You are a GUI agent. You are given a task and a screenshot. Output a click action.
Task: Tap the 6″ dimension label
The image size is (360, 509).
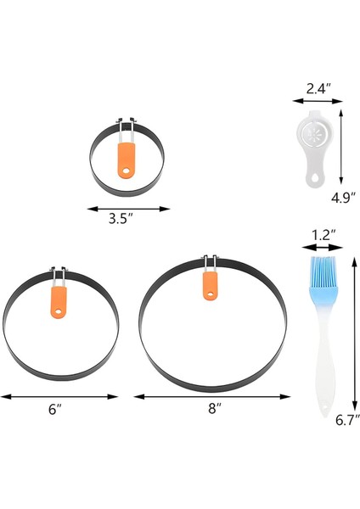tap(56, 409)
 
